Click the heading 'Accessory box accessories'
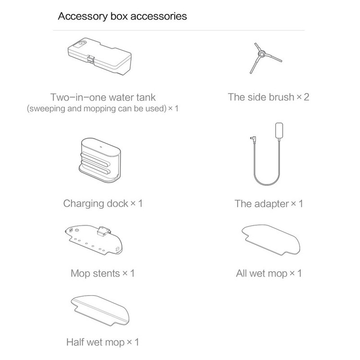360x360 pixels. (x=122, y=16)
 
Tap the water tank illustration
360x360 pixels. (x=100, y=56)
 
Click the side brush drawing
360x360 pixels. (x=265, y=58)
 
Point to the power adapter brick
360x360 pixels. (x=279, y=131)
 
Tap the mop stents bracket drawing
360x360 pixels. (x=94, y=240)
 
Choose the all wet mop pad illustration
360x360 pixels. (x=271, y=240)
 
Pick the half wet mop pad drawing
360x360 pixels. (x=100, y=311)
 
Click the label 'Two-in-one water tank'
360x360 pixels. (x=103, y=97)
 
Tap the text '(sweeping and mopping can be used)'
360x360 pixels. (x=96, y=108)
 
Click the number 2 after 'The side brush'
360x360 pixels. (x=306, y=97)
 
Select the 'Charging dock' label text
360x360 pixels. (x=96, y=204)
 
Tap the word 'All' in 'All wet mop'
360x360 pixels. (x=241, y=274)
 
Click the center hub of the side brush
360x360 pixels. (x=261, y=54)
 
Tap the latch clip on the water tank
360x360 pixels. (x=91, y=60)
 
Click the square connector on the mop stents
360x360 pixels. (x=103, y=231)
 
